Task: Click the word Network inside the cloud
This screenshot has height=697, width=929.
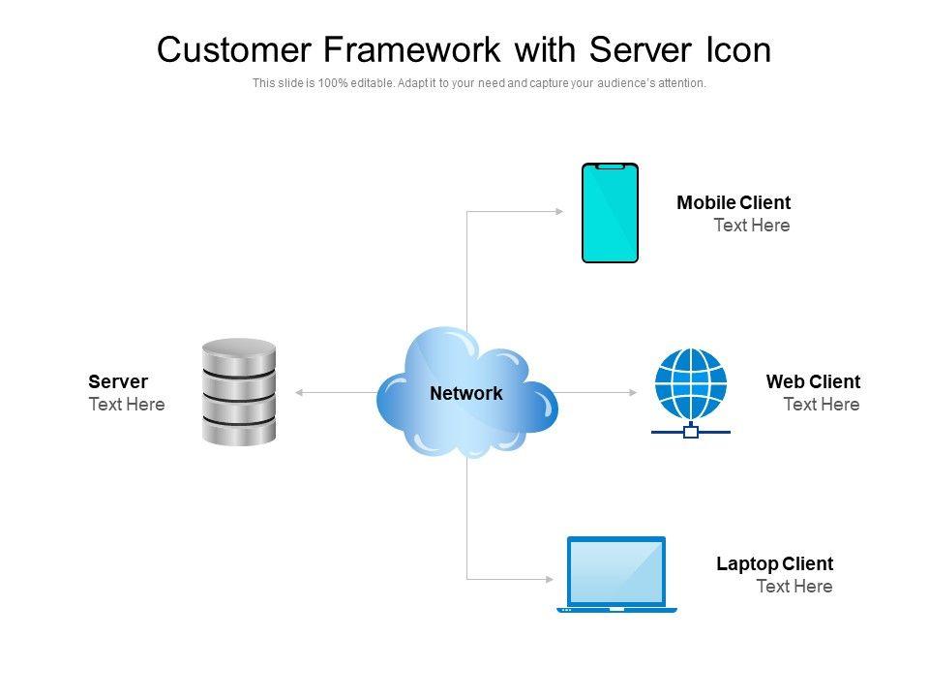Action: (x=466, y=393)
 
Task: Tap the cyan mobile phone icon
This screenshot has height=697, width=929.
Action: (x=610, y=213)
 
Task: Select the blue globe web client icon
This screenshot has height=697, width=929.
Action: (x=690, y=384)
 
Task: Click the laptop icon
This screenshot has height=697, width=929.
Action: (x=616, y=573)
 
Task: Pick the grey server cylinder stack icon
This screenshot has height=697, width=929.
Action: (x=239, y=391)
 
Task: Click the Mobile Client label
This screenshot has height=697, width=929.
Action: (x=734, y=202)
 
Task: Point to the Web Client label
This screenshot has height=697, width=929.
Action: (x=813, y=381)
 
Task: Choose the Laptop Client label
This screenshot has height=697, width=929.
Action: (x=774, y=563)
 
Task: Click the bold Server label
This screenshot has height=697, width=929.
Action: (x=118, y=381)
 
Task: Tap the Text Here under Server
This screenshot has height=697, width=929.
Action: (x=127, y=405)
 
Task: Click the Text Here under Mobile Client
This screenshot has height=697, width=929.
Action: (x=752, y=226)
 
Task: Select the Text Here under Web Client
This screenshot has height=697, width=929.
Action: (x=821, y=405)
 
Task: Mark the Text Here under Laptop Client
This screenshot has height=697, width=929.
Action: (x=794, y=587)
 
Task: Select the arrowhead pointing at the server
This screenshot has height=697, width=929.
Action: (x=299, y=392)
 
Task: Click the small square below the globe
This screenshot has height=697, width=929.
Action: (x=691, y=432)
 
